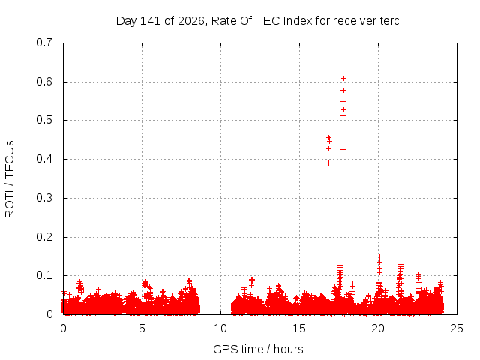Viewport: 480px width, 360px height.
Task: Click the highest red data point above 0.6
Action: coord(343,79)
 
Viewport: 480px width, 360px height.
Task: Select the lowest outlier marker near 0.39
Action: coord(328,163)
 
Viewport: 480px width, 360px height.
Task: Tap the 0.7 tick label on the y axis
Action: coord(44,43)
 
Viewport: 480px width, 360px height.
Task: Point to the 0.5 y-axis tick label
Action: coord(44,120)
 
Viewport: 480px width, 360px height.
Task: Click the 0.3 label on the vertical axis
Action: coord(44,198)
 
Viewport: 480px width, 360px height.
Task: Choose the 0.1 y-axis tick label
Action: coord(44,275)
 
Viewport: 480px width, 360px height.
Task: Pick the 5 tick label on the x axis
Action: coord(142,328)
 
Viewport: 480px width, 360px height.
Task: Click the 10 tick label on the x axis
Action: coord(220,328)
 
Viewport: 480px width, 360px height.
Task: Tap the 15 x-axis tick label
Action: coord(299,328)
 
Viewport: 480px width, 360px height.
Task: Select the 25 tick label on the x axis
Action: coord(457,328)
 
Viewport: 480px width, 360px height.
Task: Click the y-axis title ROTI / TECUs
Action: coord(10,179)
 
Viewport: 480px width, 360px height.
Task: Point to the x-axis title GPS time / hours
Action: coord(258,349)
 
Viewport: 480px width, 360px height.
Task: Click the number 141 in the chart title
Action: coord(150,21)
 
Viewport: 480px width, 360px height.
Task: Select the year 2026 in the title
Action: coord(190,21)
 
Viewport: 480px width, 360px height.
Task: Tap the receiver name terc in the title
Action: coord(389,21)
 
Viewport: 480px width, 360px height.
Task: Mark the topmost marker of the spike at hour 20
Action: coord(379,256)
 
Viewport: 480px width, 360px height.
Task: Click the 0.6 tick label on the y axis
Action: coord(44,82)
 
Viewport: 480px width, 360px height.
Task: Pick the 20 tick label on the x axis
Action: coord(378,328)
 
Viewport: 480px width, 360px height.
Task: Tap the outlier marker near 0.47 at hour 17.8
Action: coord(343,133)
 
